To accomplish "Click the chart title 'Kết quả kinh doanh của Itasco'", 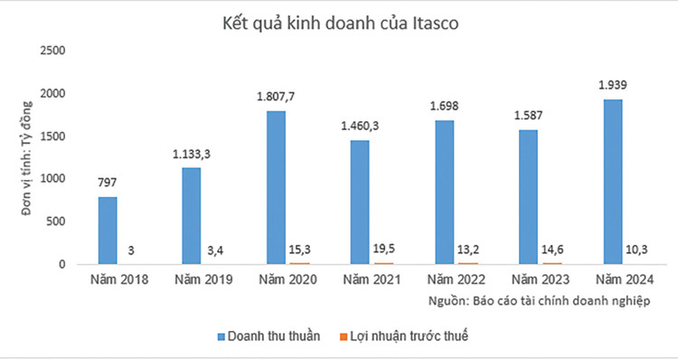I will click(339, 24).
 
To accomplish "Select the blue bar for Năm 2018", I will click(108, 231).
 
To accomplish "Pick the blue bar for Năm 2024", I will click(613, 182).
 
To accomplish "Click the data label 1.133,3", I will click(192, 155).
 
